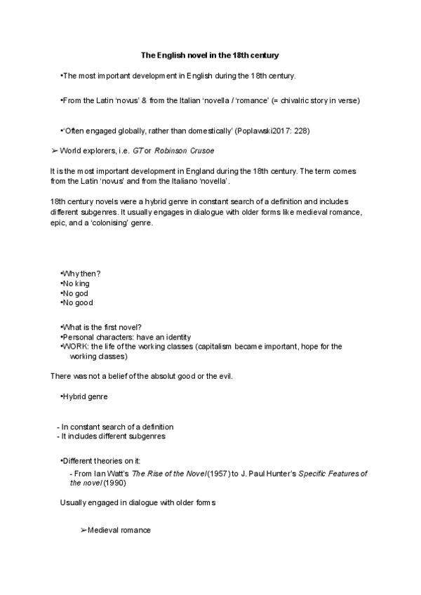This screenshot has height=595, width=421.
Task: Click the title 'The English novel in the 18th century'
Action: (x=210, y=54)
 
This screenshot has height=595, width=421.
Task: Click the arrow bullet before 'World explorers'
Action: (x=55, y=150)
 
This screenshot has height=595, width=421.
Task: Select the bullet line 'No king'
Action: (x=76, y=283)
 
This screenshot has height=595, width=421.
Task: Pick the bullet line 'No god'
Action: (x=76, y=293)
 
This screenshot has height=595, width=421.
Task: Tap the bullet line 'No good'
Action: (x=77, y=302)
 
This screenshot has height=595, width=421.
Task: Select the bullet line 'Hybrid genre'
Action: (x=84, y=396)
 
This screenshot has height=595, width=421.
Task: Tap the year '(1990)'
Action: (x=115, y=483)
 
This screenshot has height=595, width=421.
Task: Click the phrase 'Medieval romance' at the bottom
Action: (x=119, y=530)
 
